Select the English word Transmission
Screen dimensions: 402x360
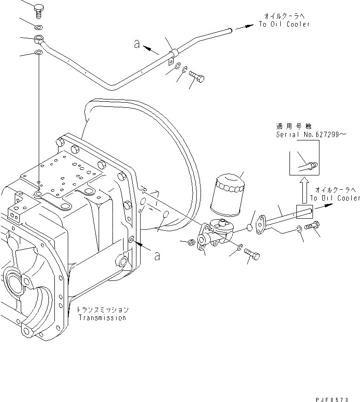[102, 318]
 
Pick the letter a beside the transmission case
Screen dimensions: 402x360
[157, 256]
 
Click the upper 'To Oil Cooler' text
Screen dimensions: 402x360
[284, 24]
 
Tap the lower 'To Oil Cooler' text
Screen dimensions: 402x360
[335, 198]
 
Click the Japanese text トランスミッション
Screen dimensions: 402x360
[102, 310]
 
